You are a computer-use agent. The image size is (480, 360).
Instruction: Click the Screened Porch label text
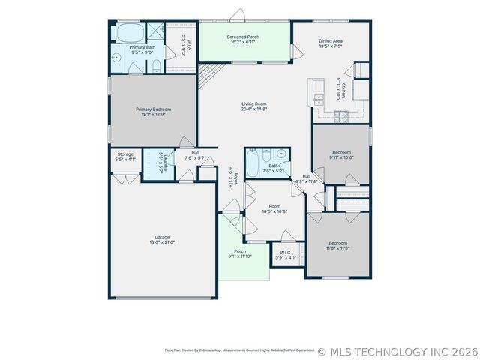tap(243, 36)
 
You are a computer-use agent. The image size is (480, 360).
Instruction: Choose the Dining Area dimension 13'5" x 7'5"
tap(331, 46)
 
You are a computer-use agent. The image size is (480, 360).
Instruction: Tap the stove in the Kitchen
tap(341, 115)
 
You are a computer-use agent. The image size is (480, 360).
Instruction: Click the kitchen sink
tap(319, 97)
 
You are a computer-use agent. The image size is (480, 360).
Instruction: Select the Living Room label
tap(253, 104)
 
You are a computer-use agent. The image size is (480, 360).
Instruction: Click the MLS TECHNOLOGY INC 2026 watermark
tap(397, 351)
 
